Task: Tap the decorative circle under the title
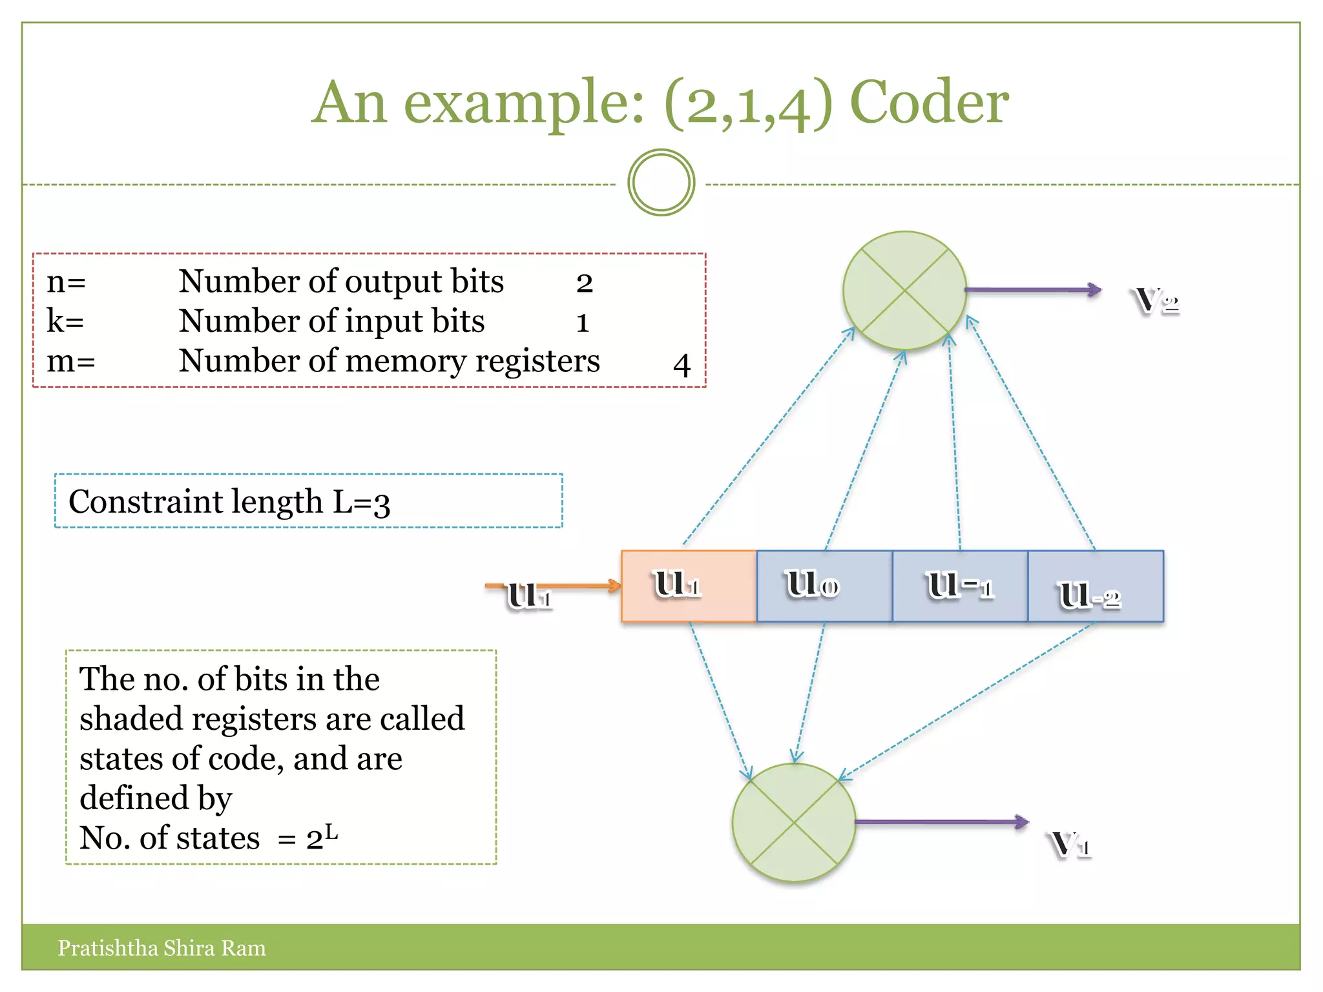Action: click(x=661, y=183)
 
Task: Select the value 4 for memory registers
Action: click(x=682, y=365)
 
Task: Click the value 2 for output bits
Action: click(x=584, y=283)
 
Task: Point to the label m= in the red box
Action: click(x=70, y=360)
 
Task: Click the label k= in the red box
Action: click(x=65, y=321)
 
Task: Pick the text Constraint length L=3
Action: click(x=229, y=502)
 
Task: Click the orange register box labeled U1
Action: click(x=689, y=586)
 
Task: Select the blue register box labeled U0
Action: click(x=824, y=586)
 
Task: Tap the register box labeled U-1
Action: click(x=960, y=586)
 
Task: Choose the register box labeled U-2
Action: click(x=1096, y=586)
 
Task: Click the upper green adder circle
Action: click(x=904, y=291)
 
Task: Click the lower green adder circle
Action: click(x=794, y=822)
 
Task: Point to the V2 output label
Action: click(x=1156, y=300)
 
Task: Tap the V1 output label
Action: click(x=1070, y=844)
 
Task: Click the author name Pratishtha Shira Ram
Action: click(x=161, y=948)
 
